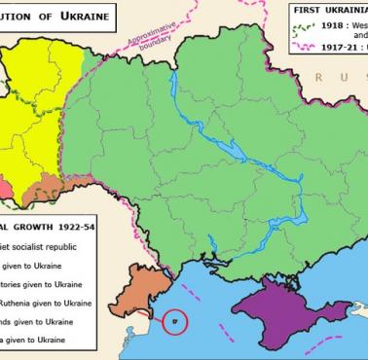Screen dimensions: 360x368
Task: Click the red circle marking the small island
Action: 175,319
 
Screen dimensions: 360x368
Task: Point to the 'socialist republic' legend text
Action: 49,245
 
